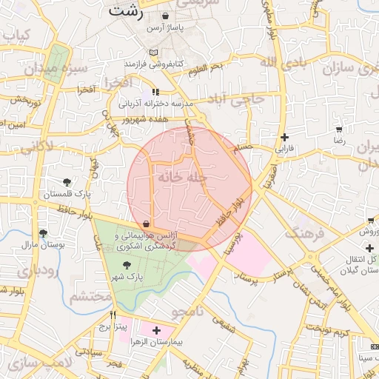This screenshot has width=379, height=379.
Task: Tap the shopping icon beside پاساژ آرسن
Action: click(x=164, y=16)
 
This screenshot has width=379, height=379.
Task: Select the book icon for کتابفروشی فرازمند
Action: click(x=153, y=53)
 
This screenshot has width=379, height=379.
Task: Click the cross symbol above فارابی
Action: click(x=284, y=137)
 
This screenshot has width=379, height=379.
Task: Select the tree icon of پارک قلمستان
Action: click(x=67, y=182)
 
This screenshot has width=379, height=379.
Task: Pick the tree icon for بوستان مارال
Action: click(x=42, y=233)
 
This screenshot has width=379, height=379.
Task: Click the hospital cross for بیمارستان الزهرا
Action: click(x=155, y=329)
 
